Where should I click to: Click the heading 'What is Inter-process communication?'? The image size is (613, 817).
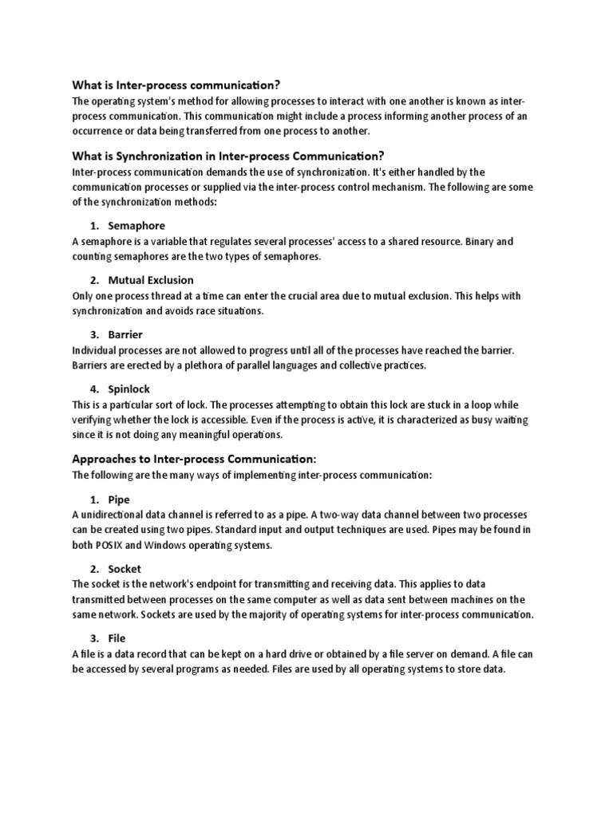coord(176,85)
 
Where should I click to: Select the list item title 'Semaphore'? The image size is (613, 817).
coord(136,226)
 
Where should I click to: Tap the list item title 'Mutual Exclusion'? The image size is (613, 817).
coord(151,280)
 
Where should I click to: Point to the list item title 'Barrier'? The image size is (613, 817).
coord(125,334)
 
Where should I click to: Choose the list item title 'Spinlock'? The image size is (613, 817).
coord(129,389)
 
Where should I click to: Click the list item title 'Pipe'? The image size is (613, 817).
coord(119,499)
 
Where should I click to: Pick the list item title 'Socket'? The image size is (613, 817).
coord(125,569)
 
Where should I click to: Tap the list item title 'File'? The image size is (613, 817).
coord(117,638)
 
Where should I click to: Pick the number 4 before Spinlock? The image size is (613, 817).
coord(93,389)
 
